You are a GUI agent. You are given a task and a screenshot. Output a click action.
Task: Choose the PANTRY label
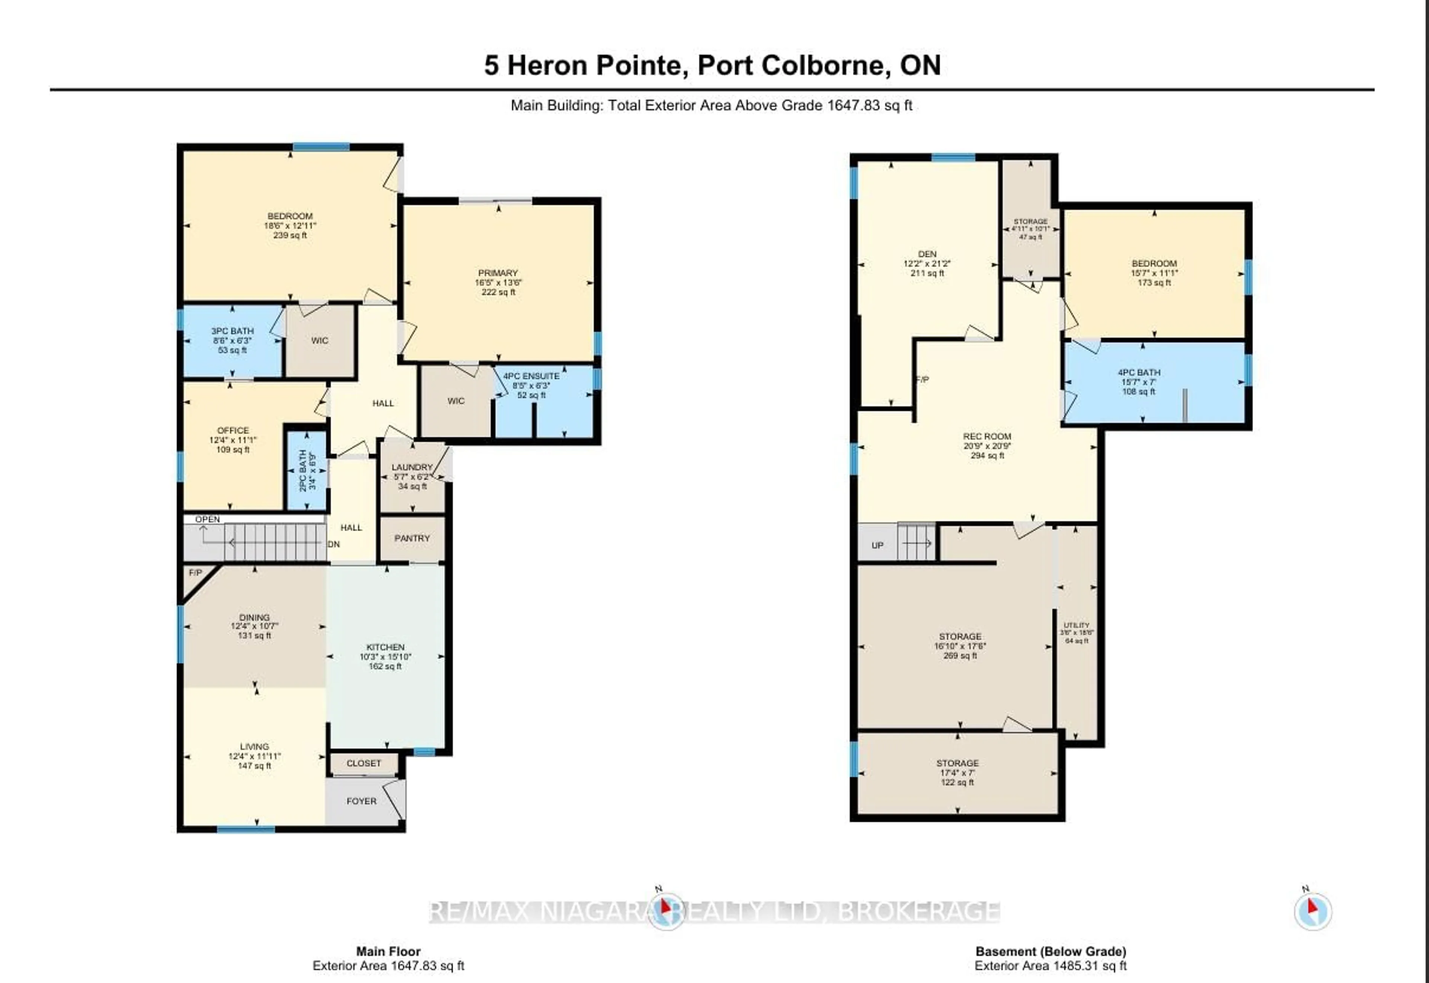coord(412,538)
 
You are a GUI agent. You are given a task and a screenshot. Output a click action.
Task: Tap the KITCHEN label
coord(385,647)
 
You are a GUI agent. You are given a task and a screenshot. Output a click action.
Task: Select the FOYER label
coord(361,801)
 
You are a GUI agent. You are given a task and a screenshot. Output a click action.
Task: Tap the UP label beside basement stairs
coord(877,546)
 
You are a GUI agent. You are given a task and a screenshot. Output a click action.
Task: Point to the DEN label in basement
coord(927,254)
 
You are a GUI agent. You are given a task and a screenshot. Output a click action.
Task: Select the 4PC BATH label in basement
coord(1139,372)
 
